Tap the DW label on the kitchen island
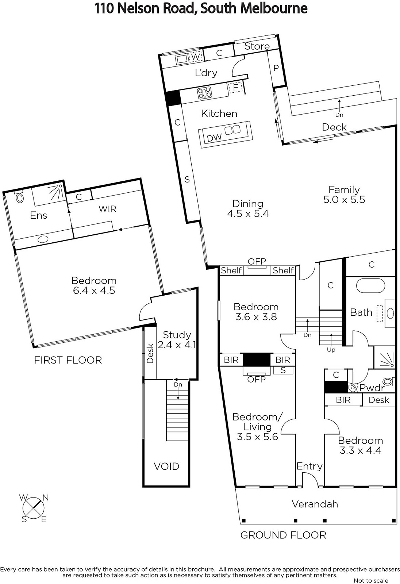(214, 137)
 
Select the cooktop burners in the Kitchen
(205, 93)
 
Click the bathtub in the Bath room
(370, 286)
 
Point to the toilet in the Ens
(19, 197)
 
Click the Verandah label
(315, 504)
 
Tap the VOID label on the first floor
(166, 466)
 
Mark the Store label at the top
(257, 46)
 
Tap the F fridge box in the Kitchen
(236, 87)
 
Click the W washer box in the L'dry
(196, 57)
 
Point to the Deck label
(334, 127)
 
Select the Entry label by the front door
(309, 465)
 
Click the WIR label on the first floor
(107, 208)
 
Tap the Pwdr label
(372, 388)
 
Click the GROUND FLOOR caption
(283, 535)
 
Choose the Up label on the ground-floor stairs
(331, 350)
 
